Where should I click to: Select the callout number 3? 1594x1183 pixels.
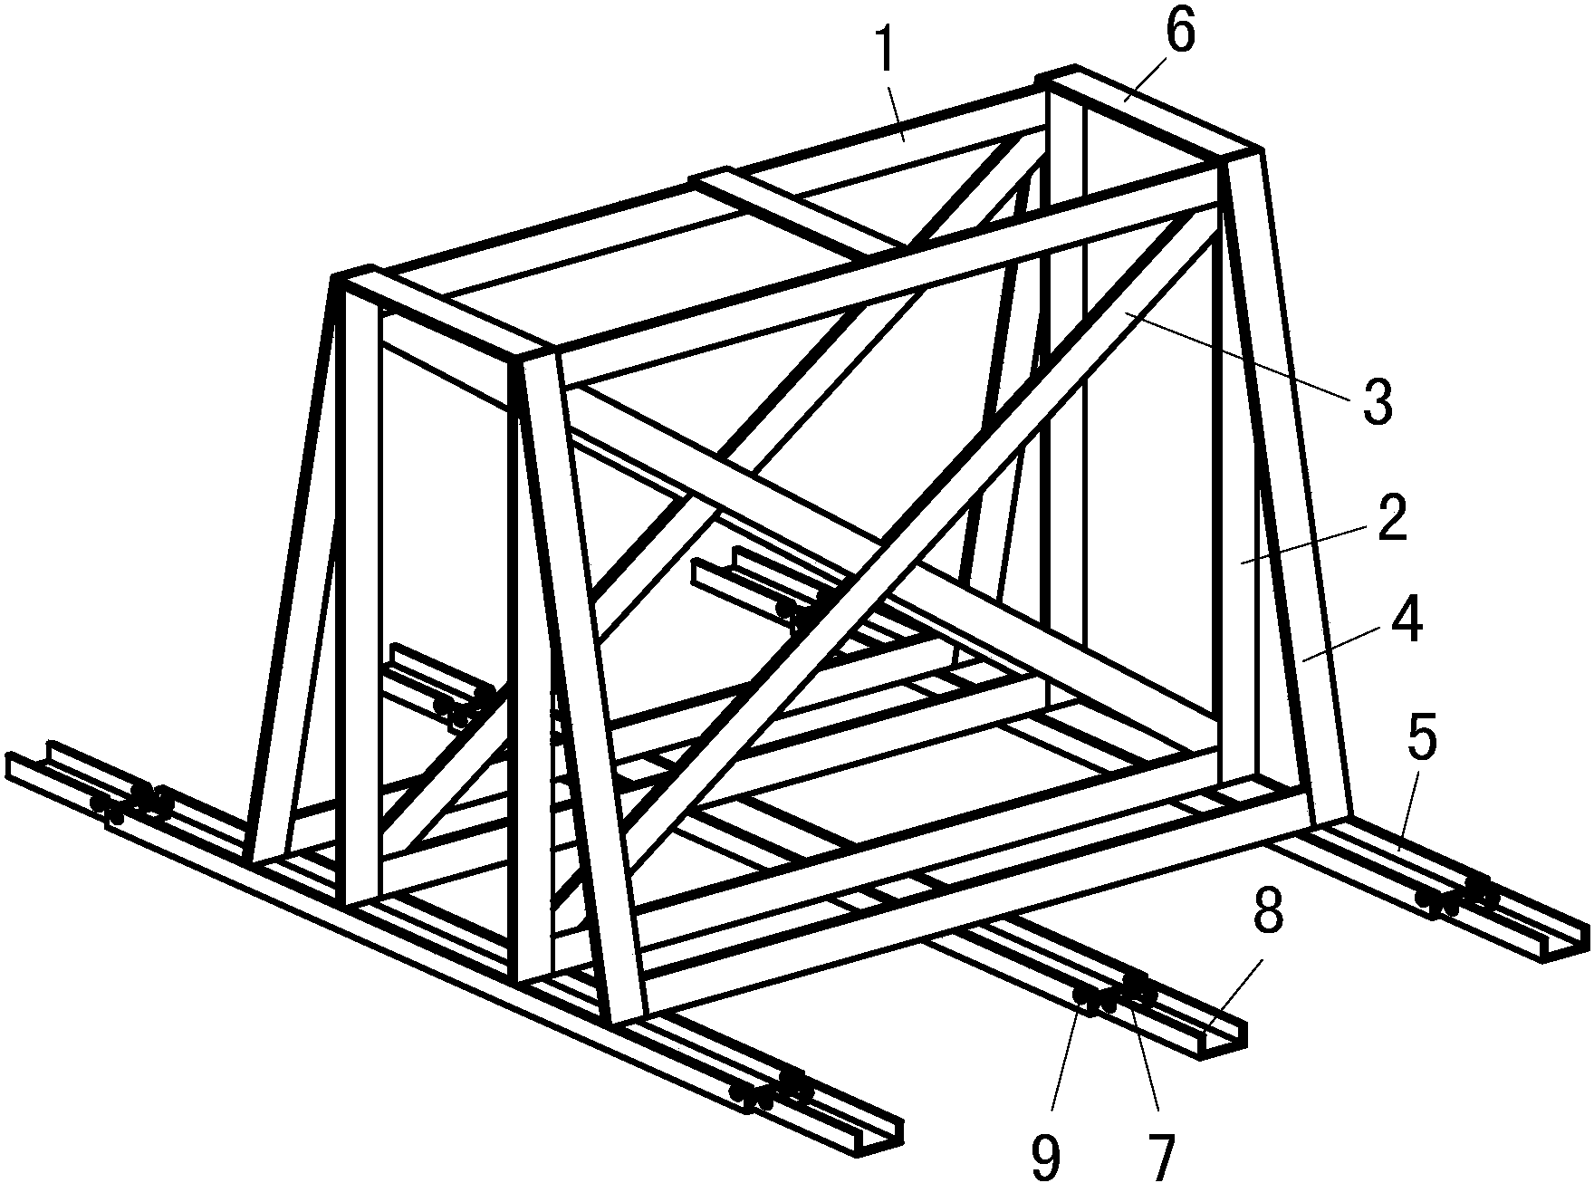point(1378,404)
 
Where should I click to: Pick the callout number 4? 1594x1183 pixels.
point(1405,623)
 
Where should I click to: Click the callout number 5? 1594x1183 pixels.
point(1420,739)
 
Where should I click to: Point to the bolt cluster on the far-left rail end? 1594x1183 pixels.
point(132,803)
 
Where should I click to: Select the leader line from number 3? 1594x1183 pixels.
point(1242,358)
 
